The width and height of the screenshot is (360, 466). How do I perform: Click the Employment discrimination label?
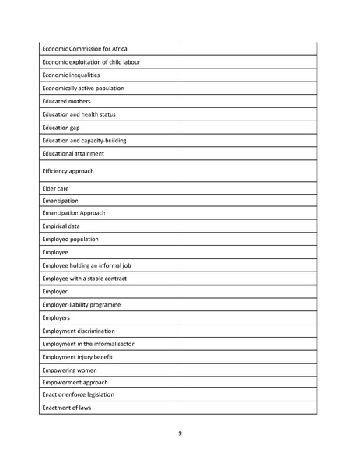click(84, 331)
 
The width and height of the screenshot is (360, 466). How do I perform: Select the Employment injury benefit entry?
click(82, 356)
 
